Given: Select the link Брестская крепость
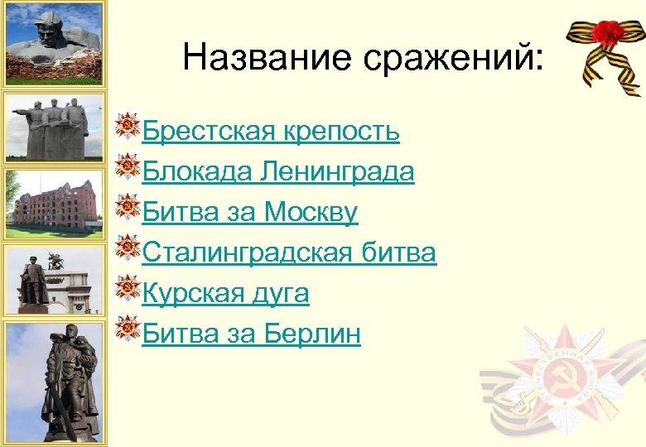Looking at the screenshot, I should coord(271,131).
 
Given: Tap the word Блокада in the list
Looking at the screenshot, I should coord(197,171).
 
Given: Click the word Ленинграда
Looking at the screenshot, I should coord(337,171).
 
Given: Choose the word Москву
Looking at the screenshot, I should coord(311,212).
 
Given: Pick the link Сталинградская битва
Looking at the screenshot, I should coord(289,252).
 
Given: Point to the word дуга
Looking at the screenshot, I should coord(282,293).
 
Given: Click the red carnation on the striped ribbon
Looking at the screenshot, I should coord(610,34).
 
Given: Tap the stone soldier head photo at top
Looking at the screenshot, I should coord(54,42).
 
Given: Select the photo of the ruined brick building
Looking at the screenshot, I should coord(54,204).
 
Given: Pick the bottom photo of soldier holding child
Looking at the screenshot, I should coord(54,382).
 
